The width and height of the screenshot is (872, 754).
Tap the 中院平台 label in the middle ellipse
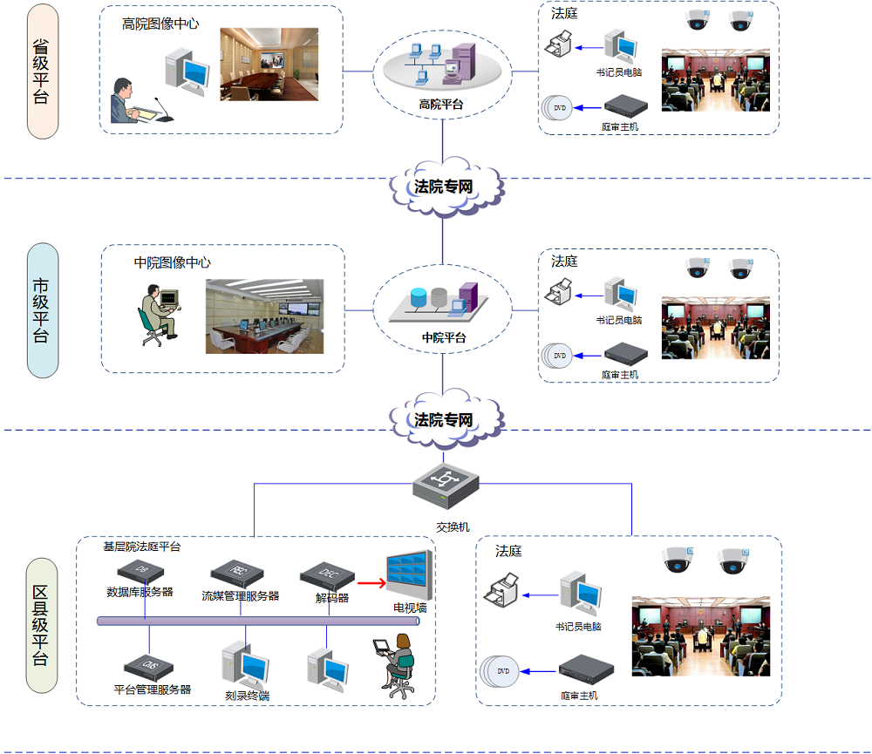click(x=443, y=337)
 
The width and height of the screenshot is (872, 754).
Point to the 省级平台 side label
click(x=42, y=71)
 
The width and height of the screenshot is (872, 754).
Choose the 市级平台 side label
click(x=42, y=309)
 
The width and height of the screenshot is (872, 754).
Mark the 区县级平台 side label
click(x=40, y=625)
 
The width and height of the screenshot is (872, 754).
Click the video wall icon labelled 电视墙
click(x=409, y=574)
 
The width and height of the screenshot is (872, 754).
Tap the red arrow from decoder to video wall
click(x=371, y=583)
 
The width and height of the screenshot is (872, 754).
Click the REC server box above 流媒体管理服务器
click(x=236, y=571)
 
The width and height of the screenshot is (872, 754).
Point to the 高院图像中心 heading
click(x=160, y=24)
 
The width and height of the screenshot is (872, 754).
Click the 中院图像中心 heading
click(x=172, y=262)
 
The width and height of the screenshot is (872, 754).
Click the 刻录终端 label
click(x=247, y=696)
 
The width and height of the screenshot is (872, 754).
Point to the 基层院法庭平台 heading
click(x=142, y=547)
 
